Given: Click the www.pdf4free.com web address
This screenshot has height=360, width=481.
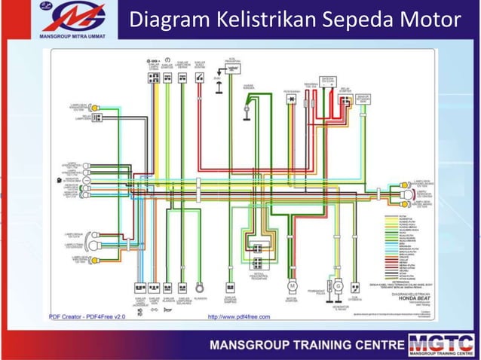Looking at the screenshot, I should tap(238, 318).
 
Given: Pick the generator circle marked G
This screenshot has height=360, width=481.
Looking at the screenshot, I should tap(339, 286).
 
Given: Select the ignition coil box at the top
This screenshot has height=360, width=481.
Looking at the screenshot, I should tap(232, 69).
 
